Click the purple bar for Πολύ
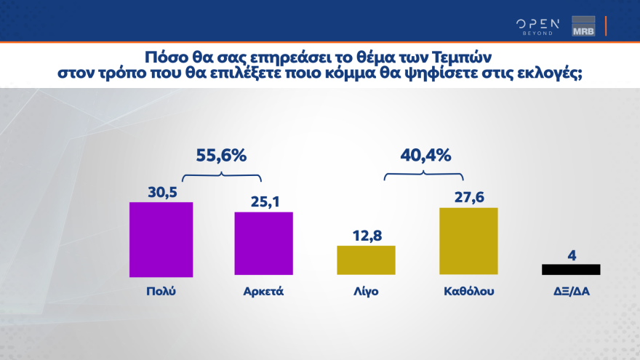161,239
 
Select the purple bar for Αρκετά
263,244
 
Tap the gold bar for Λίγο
366,261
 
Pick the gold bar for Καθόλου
468,242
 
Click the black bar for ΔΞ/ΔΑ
571,269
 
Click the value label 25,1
263,200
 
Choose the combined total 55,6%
222,155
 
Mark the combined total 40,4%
425,155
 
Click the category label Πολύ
161,292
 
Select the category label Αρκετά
263,292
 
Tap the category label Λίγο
366,292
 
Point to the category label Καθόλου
468,292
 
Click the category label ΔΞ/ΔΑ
571,292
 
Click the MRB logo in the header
583,26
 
